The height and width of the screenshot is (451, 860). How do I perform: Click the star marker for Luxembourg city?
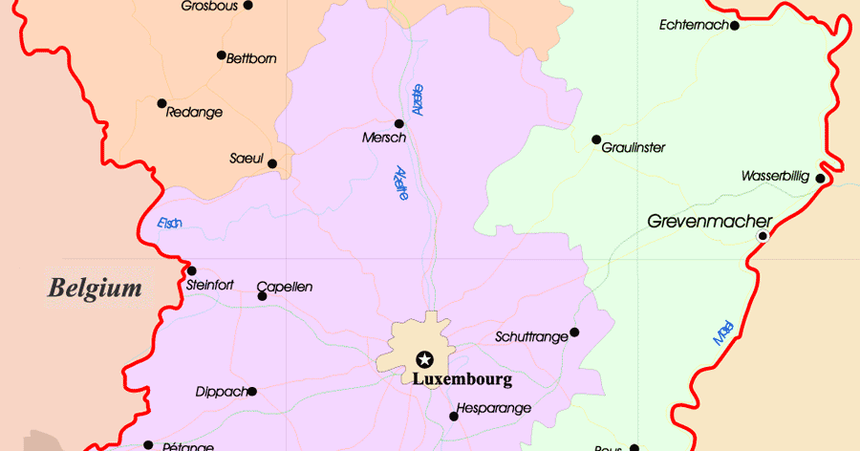[424, 360]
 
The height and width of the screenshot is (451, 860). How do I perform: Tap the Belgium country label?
[96, 288]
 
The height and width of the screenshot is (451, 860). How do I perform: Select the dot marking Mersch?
[399, 123]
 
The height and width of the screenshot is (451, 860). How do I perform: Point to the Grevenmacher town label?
[710, 221]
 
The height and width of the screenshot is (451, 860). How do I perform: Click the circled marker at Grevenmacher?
[763, 235]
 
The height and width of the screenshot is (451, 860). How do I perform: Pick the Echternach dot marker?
[735, 26]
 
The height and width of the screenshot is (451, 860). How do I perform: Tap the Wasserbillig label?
[775, 177]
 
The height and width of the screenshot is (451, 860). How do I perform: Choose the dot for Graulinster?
[596, 140]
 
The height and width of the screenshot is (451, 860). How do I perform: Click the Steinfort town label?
[210, 285]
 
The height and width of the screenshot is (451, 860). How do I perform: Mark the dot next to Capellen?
[263, 296]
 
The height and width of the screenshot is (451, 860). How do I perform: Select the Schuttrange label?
[530, 336]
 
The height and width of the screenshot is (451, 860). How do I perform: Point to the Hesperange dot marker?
[454, 416]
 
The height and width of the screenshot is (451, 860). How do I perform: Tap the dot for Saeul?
[272, 164]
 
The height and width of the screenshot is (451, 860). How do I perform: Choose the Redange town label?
[194, 112]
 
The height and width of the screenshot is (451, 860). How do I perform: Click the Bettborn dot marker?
[222, 55]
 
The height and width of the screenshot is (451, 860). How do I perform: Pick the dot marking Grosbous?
[248, 5]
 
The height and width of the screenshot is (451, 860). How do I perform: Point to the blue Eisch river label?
[169, 225]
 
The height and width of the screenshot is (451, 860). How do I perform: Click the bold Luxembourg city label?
[462, 379]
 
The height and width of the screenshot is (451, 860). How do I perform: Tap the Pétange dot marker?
[148, 444]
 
